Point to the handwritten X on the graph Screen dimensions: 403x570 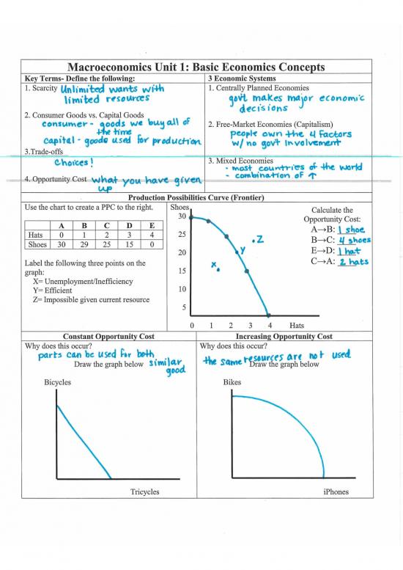tap(214, 264)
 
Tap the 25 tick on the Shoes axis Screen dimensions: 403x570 tap(182, 235)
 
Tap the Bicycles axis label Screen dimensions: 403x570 tap(59, 382)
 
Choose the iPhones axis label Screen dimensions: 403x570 tap(336, 492)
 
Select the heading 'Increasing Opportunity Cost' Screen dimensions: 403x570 tap(284, 336)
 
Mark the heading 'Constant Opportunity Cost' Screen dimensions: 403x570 tap(109, 336)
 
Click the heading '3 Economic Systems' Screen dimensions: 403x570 tap(242, 78)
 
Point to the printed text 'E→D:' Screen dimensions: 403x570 tap(321, 250)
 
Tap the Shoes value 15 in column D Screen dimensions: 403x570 tap(129, 244)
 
